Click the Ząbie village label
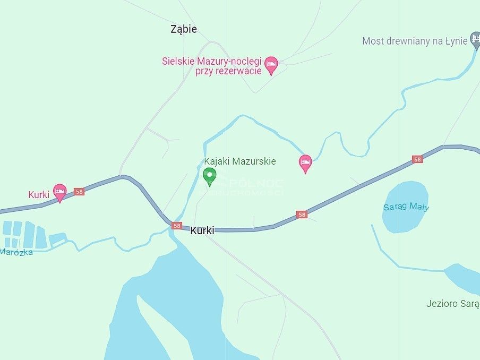coord(184,29)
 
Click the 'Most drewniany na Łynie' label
coord(414,41)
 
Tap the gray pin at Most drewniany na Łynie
coord(476,42)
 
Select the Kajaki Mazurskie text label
coord(240,161)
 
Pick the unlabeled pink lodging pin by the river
coord(305,164)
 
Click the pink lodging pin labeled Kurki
coord(60,192)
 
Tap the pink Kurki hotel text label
coord(39,194)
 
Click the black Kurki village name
coord(202,230)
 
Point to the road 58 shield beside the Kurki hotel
coord(79,192)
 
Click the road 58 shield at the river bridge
coord(177,226)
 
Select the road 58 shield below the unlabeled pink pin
coord(302,215)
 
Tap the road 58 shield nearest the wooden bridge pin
coord(417,159)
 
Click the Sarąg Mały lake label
coord(406,207)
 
